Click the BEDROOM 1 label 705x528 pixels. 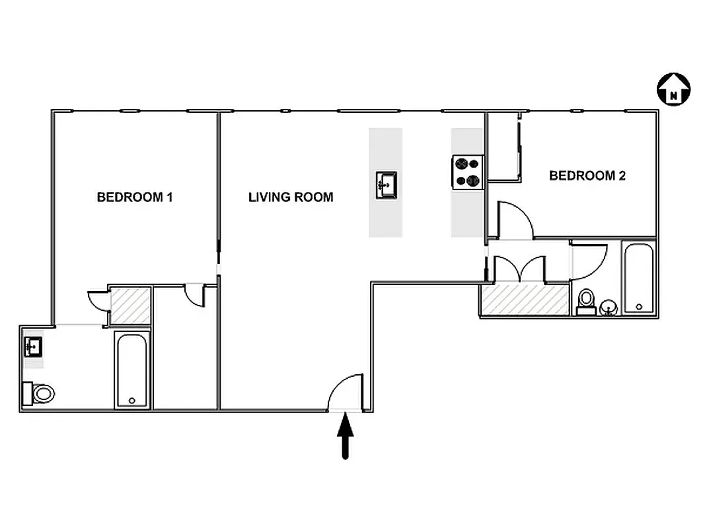[135, 197]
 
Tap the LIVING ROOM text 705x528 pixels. [291, 197]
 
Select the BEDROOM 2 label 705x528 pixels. [587, 176]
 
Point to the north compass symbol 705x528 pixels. [673, 88]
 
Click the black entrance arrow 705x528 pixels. [346, 438]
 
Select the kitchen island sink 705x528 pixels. [386, 184]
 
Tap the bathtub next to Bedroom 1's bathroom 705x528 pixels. [133, 370]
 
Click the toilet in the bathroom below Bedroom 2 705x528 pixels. [585, 302]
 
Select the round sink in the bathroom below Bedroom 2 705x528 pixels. [609, 307]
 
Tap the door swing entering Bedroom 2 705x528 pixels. [515, 220]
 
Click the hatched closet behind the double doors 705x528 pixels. [525, 299]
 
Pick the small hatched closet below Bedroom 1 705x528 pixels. [130, 306]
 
